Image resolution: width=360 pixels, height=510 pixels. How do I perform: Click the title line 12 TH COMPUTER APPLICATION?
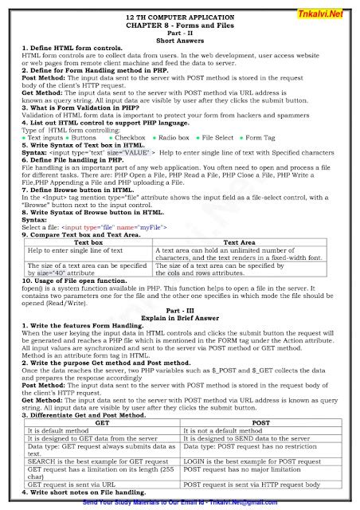click(x=180, y=17)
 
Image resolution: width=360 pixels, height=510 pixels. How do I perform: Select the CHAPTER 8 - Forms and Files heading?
click(x=180, y=25)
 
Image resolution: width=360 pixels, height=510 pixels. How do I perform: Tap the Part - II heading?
click(x=180, y=33)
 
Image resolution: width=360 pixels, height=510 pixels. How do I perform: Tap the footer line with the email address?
click(x=180, y=504)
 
